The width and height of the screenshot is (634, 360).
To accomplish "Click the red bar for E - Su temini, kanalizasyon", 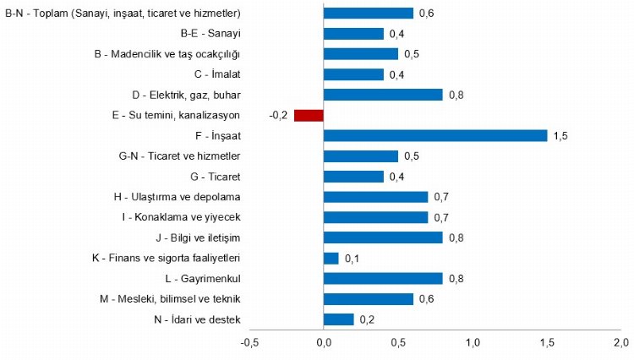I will click(309, 115).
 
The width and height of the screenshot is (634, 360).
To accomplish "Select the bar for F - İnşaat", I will click(435, 135).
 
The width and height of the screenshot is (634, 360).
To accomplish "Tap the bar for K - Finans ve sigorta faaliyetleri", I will click(331, 258).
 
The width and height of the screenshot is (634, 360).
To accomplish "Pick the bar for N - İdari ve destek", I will click(339, 319).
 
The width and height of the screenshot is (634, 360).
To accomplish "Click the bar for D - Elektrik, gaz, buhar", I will click(383, 95).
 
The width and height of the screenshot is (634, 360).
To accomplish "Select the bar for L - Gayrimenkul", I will click(383, 278).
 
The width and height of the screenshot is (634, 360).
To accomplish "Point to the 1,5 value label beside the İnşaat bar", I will click(560, 135).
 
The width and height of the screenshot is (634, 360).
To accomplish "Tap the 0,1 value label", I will click(352, 258).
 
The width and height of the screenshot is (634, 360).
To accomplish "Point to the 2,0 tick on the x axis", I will click(621, 342).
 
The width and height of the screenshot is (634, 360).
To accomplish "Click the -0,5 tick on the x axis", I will click(249, 342).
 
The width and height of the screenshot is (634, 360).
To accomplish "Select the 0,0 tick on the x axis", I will click(324, 342).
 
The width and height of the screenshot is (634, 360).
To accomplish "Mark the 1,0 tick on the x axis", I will click(473, 342).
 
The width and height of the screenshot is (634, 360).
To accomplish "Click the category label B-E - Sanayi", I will click(211, 34).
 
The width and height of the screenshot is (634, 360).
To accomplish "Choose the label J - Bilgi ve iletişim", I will click(194, 237).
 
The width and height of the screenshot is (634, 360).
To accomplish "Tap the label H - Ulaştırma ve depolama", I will click(178, 197).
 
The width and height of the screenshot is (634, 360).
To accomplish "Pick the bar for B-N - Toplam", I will click(369, 14).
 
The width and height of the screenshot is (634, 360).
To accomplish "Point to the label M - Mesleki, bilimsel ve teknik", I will click(171, 298).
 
